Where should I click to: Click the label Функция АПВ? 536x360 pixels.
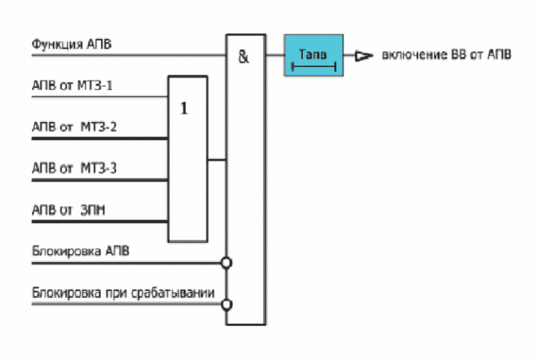(71, 45)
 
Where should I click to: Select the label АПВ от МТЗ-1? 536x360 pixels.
(72, 85)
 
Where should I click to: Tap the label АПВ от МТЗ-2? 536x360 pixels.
(74, 127)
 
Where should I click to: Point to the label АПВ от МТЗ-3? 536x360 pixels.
(74, 168)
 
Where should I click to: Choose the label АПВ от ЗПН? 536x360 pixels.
(68, 210)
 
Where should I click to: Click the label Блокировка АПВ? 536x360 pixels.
(80, 251)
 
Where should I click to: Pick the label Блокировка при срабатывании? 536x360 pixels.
(123, 293)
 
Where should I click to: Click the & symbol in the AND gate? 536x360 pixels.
(244, 57)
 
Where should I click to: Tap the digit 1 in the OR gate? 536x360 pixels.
(184, 108)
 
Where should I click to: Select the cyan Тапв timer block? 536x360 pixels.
(313, 55)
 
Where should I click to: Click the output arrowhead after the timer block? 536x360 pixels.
(364, 55)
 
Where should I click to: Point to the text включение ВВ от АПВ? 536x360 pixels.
(447, 55)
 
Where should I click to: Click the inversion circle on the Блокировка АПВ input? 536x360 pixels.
(226, 263)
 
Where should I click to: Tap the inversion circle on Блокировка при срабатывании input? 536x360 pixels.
(226, 305)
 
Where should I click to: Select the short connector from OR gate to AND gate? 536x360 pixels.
(217, 160)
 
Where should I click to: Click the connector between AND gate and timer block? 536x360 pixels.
(275, 55)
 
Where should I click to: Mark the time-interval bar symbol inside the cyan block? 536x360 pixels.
(313, 66)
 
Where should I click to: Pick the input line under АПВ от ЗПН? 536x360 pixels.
(100, 222)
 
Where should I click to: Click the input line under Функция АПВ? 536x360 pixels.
(128, 55)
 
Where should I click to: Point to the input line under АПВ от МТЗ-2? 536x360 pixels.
(100, 139)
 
